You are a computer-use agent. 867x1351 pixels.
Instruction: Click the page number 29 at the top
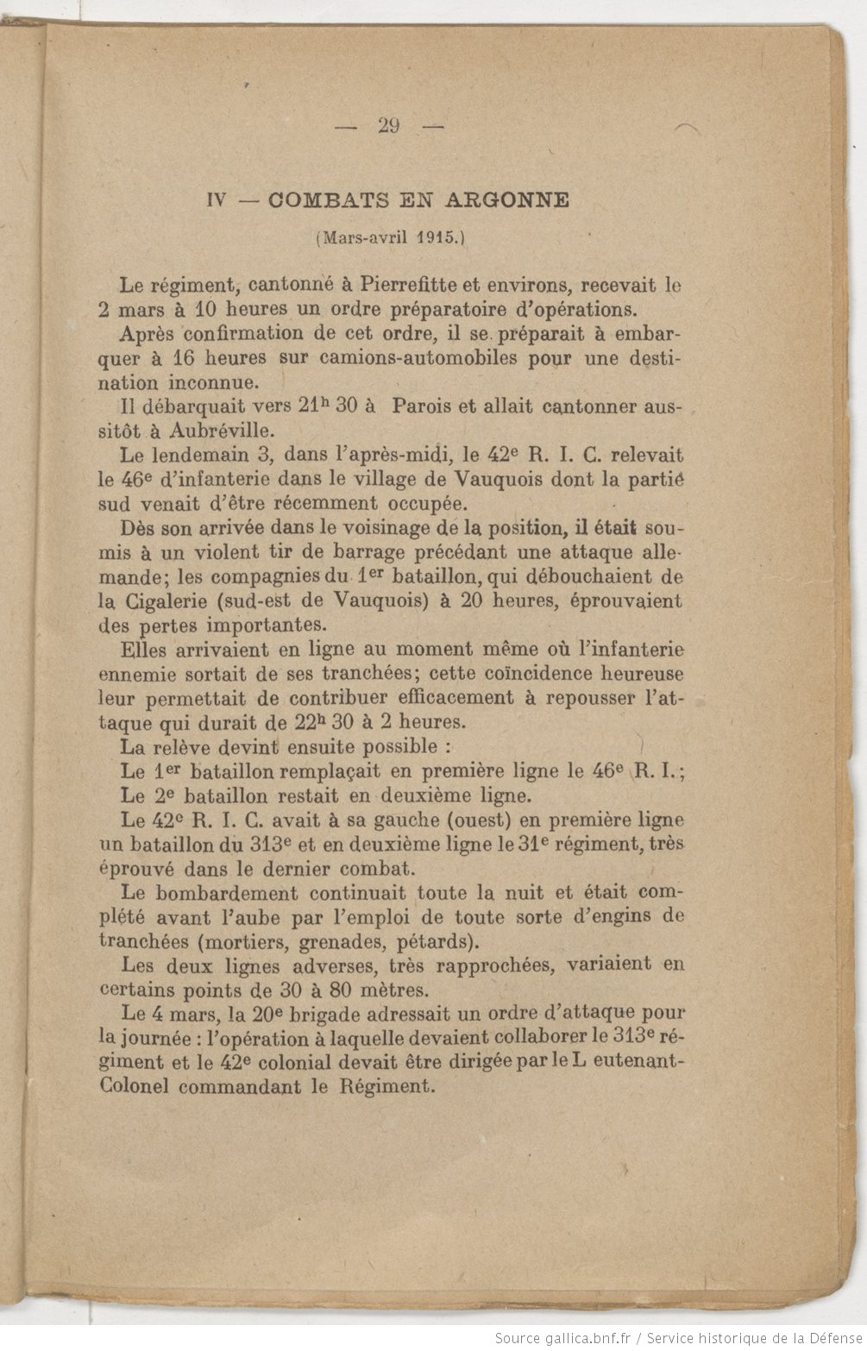click(388, 126)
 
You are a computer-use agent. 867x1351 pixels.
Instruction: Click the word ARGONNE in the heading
click(507, 200)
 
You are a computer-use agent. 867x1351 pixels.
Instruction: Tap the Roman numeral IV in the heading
click(217, 201)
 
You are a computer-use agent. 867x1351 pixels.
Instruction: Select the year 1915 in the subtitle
click(437, 238)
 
